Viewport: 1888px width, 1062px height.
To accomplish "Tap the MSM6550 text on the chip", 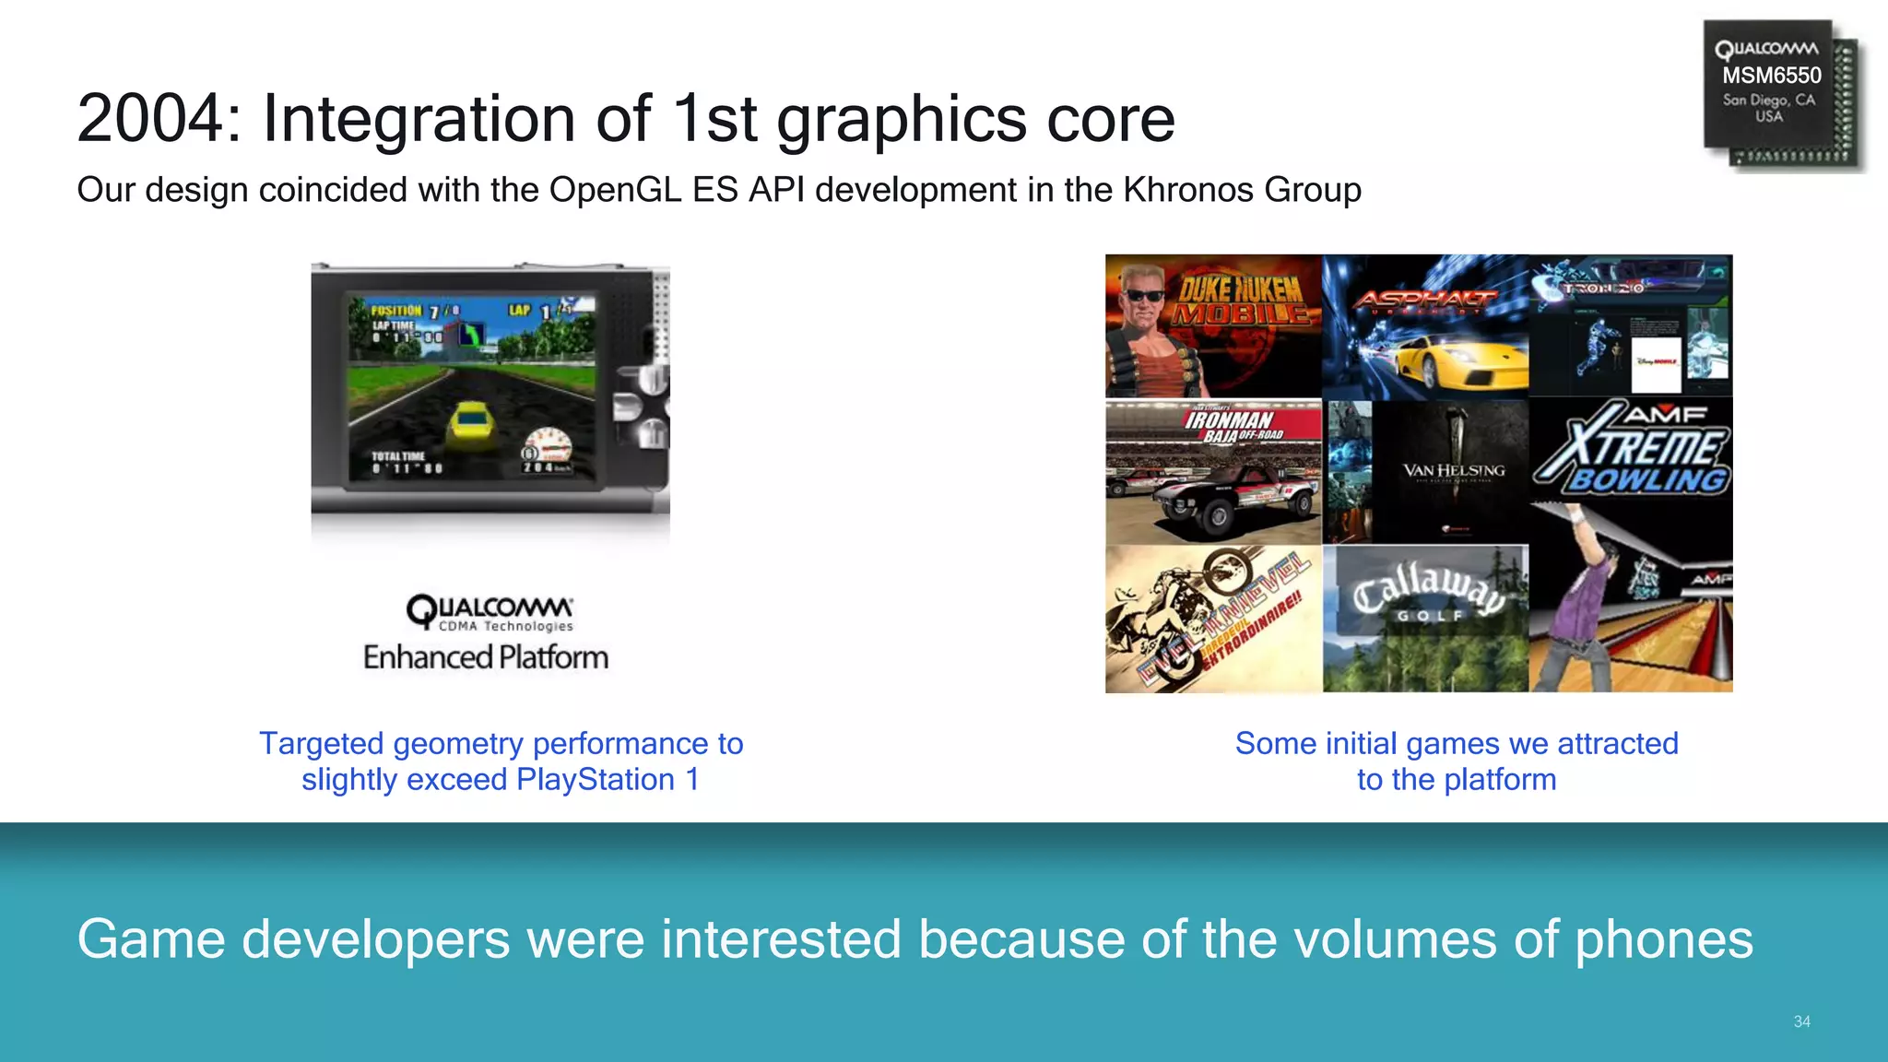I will coord(1771,76).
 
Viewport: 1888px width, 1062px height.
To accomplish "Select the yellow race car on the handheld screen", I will coord(471,427).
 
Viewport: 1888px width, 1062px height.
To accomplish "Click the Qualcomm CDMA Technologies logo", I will coord(490,612).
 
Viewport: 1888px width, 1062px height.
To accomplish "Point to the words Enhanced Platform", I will coord(486,657).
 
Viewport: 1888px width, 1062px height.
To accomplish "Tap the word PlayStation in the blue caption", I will coord(596,780).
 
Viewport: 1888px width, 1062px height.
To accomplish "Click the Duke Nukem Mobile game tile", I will coord(1212,325).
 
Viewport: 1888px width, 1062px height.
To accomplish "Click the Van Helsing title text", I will coord(1453,471).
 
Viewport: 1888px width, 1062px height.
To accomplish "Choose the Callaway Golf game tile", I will coord(1425,619).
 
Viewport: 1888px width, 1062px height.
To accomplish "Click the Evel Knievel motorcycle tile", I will coord(1212,619).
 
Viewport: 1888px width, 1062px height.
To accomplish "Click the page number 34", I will coord(1801,1021).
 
